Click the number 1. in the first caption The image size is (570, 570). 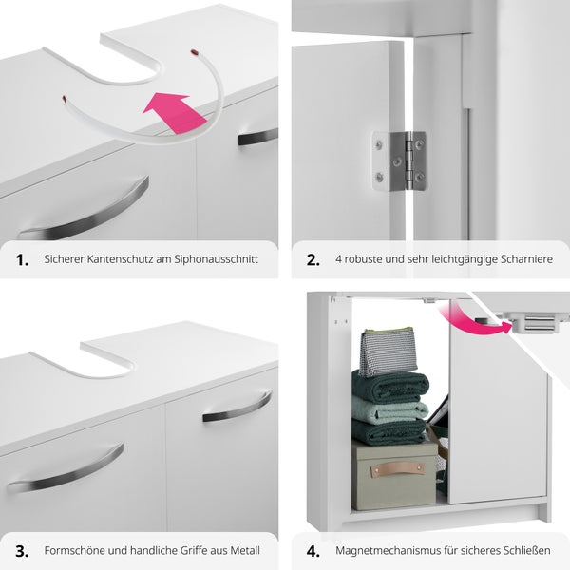click(22, 259)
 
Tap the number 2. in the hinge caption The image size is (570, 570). click(313, 259)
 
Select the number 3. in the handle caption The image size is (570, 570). click(22, 550)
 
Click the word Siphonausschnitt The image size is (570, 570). click(217, 259)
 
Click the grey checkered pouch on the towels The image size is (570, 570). click(388, 351)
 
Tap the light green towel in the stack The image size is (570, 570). click(389, 409)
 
